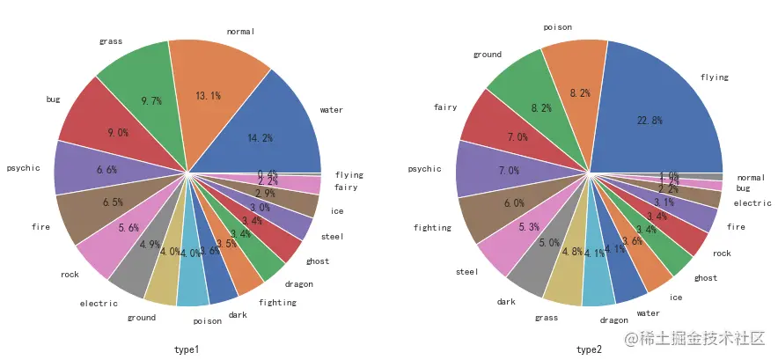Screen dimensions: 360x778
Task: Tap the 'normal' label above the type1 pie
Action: point(239,32)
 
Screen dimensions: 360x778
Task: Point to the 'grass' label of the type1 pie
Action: point(110,41)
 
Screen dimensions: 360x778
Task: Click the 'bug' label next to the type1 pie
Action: point(53,99)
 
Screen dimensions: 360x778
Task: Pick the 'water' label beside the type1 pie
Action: point(332,110)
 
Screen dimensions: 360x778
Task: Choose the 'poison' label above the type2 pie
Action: point(557,27)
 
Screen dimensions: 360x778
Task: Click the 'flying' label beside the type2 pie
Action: point(714,77)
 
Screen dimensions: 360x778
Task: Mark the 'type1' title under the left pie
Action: point(187,349)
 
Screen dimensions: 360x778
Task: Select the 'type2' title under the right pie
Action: point(589,349)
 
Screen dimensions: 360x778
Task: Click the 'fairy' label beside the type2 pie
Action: point(444,108)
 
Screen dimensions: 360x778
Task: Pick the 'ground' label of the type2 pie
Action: point(487,55)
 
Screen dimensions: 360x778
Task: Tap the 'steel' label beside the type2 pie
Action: point(467,272)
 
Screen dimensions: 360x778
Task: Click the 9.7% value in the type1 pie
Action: point(151,101)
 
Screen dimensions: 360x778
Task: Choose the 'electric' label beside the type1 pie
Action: point(99,304)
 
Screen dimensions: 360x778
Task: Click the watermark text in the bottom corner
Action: point(695,339)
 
